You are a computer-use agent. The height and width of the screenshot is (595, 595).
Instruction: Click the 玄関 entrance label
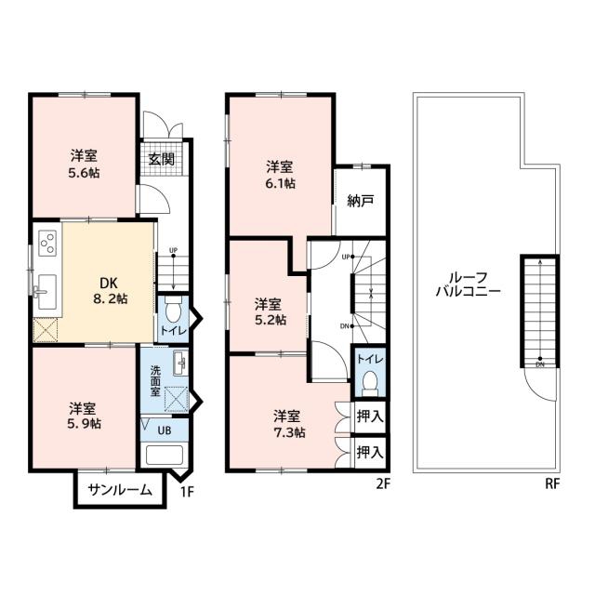pos(161,159)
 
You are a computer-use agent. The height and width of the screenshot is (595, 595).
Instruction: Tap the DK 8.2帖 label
pos(110,291)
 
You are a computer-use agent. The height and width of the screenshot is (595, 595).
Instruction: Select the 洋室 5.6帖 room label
pos(84,164)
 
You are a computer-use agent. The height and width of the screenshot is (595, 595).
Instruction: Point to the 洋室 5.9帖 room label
pos(84,416)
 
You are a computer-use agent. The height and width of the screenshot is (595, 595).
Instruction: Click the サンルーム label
pos(120,490)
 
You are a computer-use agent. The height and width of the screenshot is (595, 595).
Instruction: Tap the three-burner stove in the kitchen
pos(47,243)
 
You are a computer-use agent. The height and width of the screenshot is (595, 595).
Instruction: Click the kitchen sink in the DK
pos(46,292)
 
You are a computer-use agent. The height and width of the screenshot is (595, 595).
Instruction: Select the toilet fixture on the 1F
pos(173,310)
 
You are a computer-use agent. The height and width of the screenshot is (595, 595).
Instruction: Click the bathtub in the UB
pos(165,455)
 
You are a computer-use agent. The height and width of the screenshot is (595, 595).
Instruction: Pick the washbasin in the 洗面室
pos(180,364)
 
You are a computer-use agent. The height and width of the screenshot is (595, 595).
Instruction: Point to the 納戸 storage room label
pos(361,201)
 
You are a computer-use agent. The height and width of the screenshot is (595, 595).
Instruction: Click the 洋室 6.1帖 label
pos(281,175)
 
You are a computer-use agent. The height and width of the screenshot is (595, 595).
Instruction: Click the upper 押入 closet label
pos(370,416)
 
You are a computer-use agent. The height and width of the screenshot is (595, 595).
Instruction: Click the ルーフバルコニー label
pos(469,284)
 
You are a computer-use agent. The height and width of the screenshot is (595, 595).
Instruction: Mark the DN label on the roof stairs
pos(540,364)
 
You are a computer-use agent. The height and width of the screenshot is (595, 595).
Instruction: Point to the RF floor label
pos(552,483)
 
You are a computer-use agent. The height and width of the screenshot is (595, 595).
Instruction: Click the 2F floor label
pos(383,483)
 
